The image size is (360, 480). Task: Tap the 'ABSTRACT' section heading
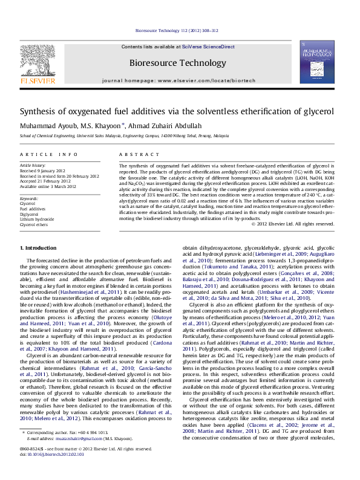(x=134, y=155)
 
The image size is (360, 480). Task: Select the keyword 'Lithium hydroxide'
(x=37, y=219)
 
